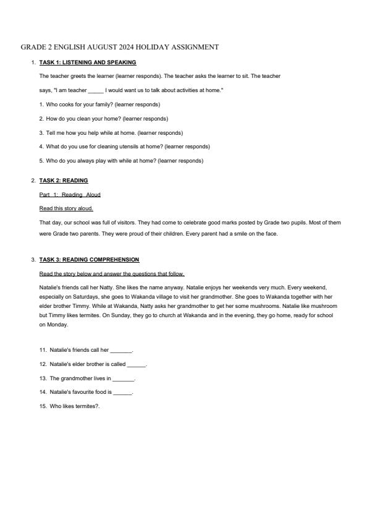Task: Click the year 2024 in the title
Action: click(124, 47)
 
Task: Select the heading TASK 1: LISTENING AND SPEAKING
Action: click(88, 62)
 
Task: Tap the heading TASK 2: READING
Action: click(64, 181)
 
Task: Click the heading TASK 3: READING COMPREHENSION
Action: click(89, 260)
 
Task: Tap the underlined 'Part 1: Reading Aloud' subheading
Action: click(70, 195)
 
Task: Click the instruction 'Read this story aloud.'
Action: click(66, 208)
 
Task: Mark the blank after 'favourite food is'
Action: click(123, 393)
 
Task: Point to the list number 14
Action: click(43, 392)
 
